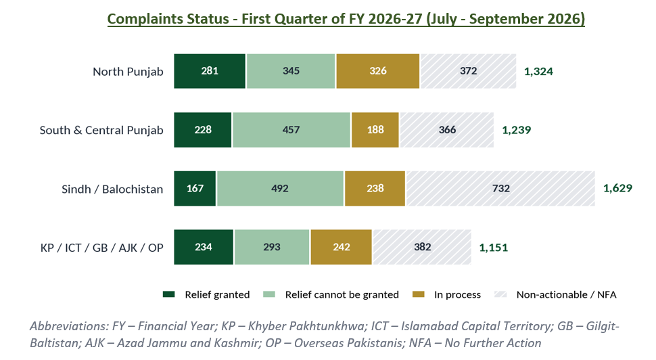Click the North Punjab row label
[x=128, y=72]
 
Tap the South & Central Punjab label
[x=101, y=130]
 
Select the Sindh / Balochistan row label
[x=112, y=189]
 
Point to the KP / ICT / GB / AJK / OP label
[x=101, y=248]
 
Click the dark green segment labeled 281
[x=210, y=71]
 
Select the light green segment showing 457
[x=291, y=130]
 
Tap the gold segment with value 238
[x=375, y=188]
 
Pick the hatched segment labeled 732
[x=500, y=188]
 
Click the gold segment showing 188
[x=375, y=130]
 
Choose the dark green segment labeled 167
[x=195, y=188]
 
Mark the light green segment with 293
[x=272, y=247]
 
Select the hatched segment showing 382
[x=422, y=247]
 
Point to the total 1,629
[x=617, y=188]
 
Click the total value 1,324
[x=538, y=72]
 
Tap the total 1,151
[x=493, y=248]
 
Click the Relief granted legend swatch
[x=168, y=294]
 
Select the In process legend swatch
[x=419, y=294]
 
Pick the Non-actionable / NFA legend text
[x=567, y=294]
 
